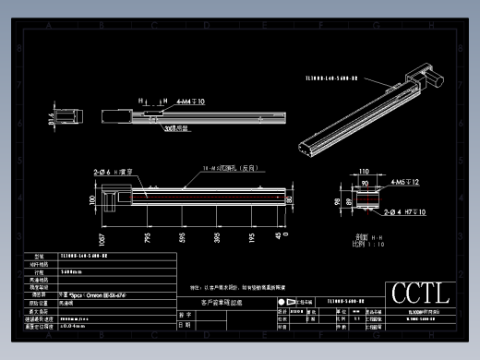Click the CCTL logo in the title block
pyautogui.click(x=420, y=294)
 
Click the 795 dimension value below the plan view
pyautogui.click(x=148, y=238)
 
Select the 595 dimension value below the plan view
pyautogui.click(x=182, y=238)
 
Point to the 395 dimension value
pyautogui.click(x=217, y=238)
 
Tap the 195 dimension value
pyautogui.click(x=251, y=238)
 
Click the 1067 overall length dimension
pyautogui.click(x=102, y=240)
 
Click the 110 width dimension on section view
pyautogui.click(x=364, y=173)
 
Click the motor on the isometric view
pyautogui.click(x=426, y=73)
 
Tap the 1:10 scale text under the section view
pyautogui.click(x=364, y=245)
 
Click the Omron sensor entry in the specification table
pyautogui.click(x=91, y=294)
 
